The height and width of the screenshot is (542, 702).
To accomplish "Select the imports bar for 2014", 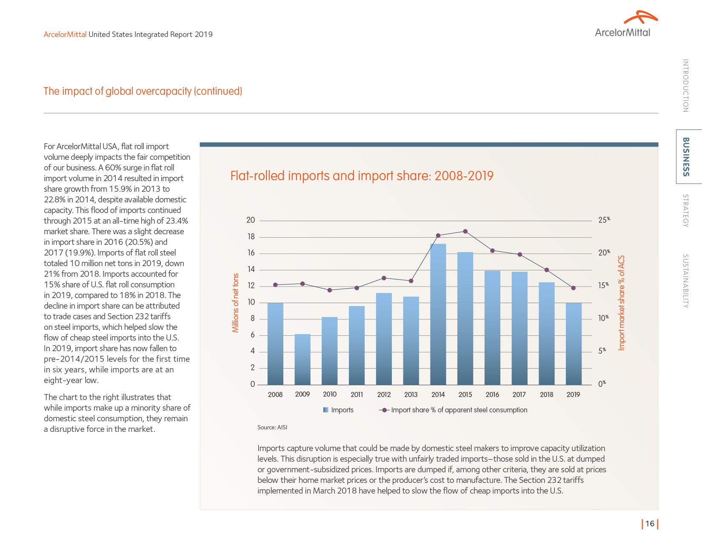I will pyautogui.click(x=438, y=315).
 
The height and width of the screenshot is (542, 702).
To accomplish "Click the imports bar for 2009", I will pyautogui.click(x=302, y=360).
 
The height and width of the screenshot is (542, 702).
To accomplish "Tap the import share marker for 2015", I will pyautogui.click(x=465, y=232).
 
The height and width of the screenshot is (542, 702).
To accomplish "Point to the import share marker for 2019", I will pyautogui.click(x=573, y=288).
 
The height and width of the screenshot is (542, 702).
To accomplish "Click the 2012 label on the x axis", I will pyautogui.click(x=384, y=394).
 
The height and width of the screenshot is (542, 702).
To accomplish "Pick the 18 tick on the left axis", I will pyautogui.click(x=251, y=237).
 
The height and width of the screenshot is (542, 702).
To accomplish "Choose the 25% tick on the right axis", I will pyautogui.click(x=604, y=220).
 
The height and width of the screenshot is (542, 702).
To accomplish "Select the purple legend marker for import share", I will pyautogui.click(x=384, y=410).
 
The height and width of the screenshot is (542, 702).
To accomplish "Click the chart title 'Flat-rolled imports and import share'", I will pyautogui.click(x=362, y=176).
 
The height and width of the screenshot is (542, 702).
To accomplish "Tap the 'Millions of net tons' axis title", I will pyautogui.click(x=236, y=303).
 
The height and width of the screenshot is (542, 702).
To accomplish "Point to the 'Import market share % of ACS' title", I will pyautogui.click(x=622, y=303).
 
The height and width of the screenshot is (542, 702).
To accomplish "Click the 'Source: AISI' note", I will pyautogui.click(x=272, y=427).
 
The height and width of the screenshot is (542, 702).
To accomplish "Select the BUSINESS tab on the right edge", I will pyautogui.click(x=686, y=156).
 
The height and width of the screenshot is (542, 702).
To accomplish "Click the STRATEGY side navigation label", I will pyautogui.click(x=685, y=210).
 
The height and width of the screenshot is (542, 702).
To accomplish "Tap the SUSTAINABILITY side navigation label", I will pyautogui.click(x=685, y=281).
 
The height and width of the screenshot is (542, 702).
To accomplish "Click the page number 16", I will pyautogui.click(x=650, y=524).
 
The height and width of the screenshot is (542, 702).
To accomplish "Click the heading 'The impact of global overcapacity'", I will pyautogui.click(x=143, y=91).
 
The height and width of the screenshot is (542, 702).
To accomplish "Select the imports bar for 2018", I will pyautogui.click(x=546, y=334).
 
